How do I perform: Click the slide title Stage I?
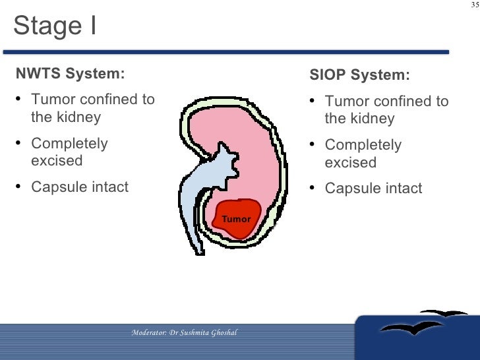tap(55, 26)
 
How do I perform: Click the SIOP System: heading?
tap(359, 75)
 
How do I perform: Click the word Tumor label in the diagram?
tap(235, 219)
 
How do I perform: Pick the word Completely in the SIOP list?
tap(363, 145)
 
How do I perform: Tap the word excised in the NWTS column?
tap(57, 161)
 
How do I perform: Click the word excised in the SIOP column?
tap(350, 162)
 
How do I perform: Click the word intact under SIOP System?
tap(402, 189)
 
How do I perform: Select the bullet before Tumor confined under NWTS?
tap(18, 100)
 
